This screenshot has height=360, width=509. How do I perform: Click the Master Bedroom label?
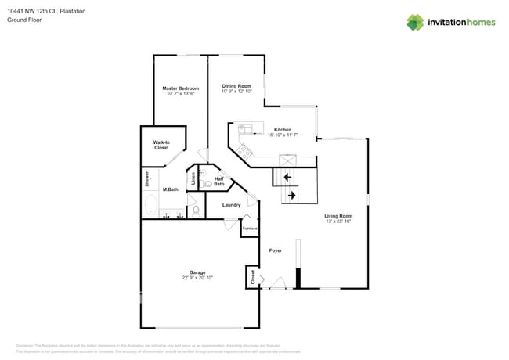coord(180,88)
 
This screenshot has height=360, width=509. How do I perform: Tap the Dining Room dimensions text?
coord(236,92)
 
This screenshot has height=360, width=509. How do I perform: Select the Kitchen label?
coord(282,129)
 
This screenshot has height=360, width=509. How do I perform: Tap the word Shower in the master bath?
coord(146,179)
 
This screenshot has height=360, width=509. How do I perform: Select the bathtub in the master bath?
coord(150,206)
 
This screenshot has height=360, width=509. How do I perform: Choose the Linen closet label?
coord(193,178)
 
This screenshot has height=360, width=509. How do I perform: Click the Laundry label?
coord(231,205)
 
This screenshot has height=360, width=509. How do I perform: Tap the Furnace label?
coord(250,228)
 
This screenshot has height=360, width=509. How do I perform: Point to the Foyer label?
coord(276,250)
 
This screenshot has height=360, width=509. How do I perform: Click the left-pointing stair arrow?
coord(288,178)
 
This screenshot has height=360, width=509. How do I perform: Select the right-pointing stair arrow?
coord(291,195)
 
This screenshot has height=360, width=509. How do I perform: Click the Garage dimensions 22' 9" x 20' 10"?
coord(197,278)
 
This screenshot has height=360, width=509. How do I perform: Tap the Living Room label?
coord(339,215)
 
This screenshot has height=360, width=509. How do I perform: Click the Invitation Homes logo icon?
coord(414,22)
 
